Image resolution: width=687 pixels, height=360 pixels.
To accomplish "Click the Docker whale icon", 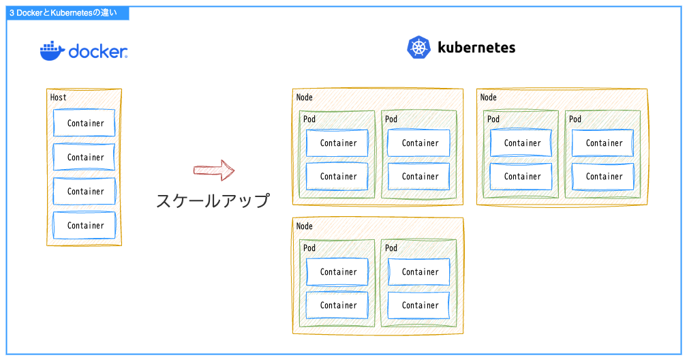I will point(52,50).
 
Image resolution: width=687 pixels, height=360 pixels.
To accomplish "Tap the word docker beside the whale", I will point(98,52).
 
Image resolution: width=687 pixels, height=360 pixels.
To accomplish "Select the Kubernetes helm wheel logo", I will point(419,48).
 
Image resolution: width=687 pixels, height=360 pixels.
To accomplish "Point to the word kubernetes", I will point(476,48).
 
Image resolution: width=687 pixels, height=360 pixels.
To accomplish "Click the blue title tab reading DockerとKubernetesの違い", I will point(63,12).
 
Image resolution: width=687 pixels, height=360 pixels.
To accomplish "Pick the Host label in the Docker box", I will point(59,97).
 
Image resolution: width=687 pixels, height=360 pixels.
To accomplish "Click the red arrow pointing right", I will point(214,170).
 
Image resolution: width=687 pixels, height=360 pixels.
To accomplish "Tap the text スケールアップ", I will point(213,200).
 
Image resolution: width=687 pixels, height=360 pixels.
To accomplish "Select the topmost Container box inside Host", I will point(85,123).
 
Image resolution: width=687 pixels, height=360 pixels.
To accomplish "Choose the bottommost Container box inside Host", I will point(85,226).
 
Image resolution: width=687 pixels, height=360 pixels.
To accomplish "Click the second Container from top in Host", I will point(85,157).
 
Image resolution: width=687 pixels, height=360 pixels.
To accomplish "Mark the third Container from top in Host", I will point(85,192).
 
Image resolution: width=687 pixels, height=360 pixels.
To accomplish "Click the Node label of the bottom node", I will point(305,226).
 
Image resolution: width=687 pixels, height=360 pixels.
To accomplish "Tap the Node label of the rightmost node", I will point(489,97).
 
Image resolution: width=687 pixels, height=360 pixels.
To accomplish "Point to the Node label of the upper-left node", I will point(305,97).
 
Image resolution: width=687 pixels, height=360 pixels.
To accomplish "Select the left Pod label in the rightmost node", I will point(493,119).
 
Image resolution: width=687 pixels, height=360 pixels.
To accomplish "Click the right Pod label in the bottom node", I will point(391,248).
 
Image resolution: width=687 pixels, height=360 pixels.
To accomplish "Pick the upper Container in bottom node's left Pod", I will point(337,272).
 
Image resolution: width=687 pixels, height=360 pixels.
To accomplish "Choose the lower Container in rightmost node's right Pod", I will point(603,177).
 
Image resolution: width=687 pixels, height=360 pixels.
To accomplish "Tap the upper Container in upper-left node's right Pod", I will point(419,143).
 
